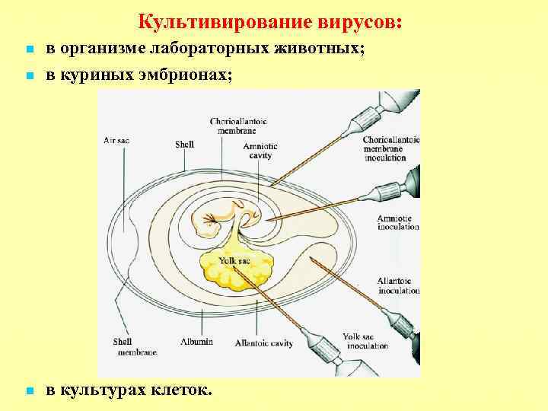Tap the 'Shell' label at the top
[184, 143]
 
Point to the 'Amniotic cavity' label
[261, 151]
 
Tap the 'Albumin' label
[197, 342]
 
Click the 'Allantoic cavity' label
[264, 343]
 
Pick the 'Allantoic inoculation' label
[397, 286]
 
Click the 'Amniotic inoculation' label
[397, 222]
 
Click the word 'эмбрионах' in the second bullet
[187, 75]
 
